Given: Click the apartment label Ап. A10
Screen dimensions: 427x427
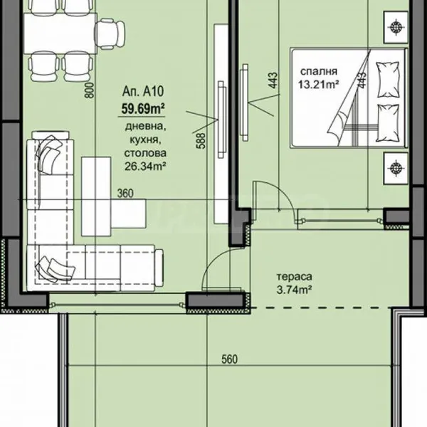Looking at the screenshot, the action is click(143, 92).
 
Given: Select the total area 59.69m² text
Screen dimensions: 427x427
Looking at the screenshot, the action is click(143, 109).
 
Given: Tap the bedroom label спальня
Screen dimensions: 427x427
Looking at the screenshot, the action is click(319, 72).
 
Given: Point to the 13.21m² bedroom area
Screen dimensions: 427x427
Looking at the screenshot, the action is click(318, 85).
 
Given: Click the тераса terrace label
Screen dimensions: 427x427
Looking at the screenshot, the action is click(295, 277).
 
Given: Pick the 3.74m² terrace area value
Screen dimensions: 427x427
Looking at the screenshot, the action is click(295, 290).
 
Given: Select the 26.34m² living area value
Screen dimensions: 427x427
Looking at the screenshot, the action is click(145, 166).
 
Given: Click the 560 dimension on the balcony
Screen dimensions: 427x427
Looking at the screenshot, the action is click(229, 359).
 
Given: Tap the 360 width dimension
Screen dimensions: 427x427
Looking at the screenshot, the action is click(125, 194).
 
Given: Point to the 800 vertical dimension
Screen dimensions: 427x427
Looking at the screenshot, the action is click(90, 90).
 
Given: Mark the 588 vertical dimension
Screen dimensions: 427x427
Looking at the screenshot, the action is click(201, 140).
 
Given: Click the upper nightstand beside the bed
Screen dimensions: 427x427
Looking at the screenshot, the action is click(396, 27).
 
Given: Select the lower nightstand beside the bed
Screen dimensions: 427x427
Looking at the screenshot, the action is click(396, 168).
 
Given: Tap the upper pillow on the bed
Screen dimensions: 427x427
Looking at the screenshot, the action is click(388, 79).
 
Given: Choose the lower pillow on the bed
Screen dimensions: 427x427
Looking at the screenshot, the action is click(388, 123).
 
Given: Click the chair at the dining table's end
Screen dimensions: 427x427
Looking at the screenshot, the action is click(110, 33).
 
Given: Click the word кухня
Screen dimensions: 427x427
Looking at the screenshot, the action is click(145, 140).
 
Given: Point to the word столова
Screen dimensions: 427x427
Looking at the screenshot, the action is click(145, 153).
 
